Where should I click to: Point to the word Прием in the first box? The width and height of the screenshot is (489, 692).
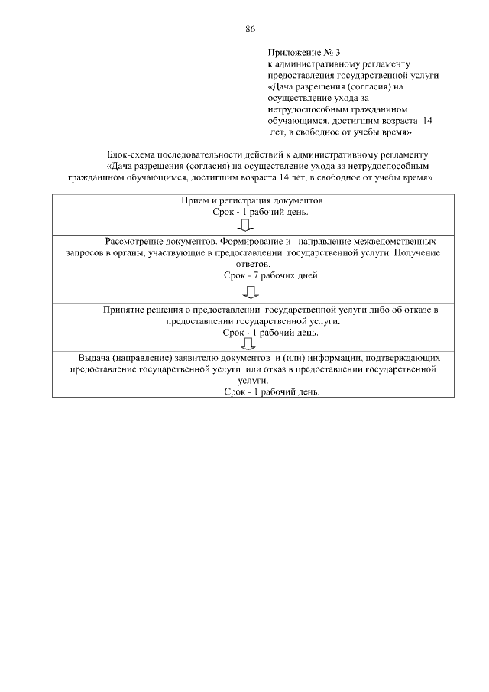[x=193, y=200]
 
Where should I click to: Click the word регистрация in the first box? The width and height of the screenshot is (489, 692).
[x=245, y=200]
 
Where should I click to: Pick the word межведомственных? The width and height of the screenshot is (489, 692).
[x=391, y=240]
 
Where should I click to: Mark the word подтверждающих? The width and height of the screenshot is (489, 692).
[x=403, y=357]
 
